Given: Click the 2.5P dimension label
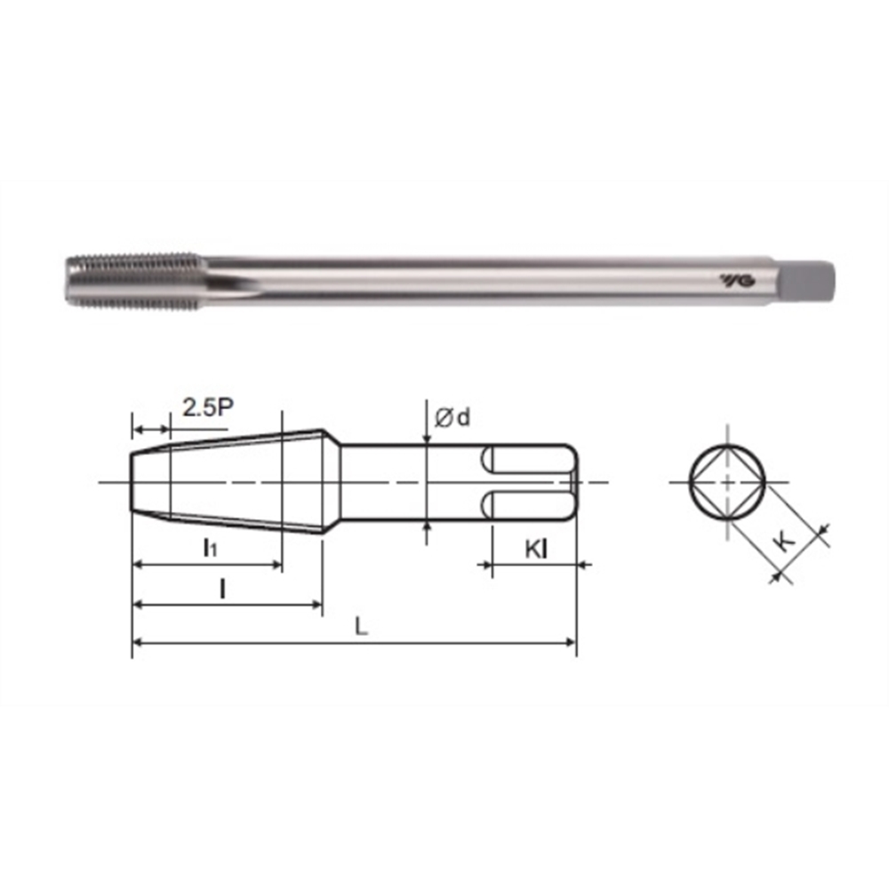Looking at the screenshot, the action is tap(208, 407).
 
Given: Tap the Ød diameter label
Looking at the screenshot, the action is tap(453, 417).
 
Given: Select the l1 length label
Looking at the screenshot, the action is tap(210, 547).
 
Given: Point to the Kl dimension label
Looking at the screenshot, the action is tap(536, 549).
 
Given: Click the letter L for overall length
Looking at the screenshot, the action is tap(361, 627).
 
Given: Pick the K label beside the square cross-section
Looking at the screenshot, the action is tap(785, 541).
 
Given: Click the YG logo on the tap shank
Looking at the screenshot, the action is tap(738, 280).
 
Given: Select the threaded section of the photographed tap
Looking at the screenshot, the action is tap(135, 281).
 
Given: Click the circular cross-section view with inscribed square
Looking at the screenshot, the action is tap(727, 483).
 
